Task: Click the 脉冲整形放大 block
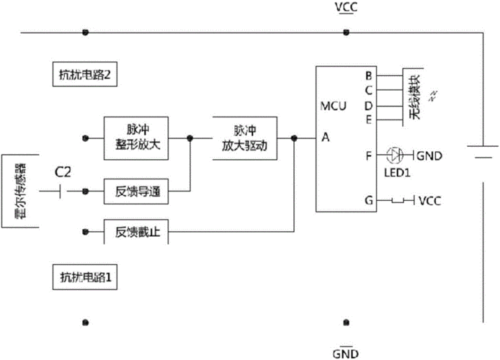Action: pyautogui.click(x=137, y=136)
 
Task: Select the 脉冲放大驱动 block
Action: pyautogui.click(x=240, y=137)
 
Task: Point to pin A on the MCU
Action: pyautogui.click(x=326, y=139)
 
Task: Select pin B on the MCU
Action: pyautogui.click(x=368, y=76)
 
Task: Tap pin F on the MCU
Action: pyautogui.click(x=368, y=154)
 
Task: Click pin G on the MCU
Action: pyautogui.click(x=368, y=201)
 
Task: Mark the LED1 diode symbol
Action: pyautogui.click(x=394, y=154)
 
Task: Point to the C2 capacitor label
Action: pyautogui.click(x=65, y=172)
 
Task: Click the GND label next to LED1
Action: pyautogui.click(x=430, y=155)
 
